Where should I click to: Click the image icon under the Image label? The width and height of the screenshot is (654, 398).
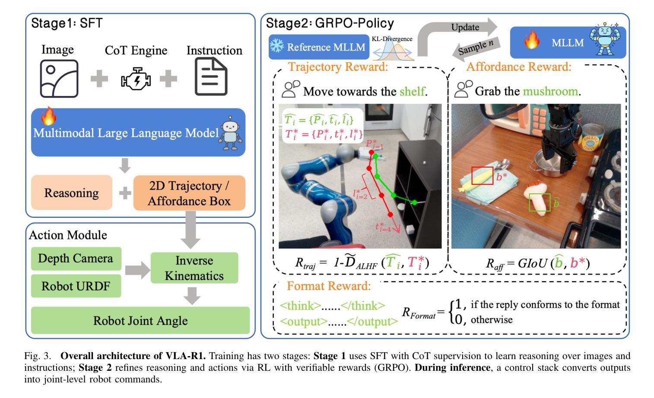click(x=59, y=79)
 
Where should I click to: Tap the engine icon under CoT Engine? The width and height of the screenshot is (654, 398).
click(x=136, y=79)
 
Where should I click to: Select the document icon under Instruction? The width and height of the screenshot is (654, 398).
click(x=211, y=76)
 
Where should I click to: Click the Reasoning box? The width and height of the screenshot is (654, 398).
click(x=72, y=193)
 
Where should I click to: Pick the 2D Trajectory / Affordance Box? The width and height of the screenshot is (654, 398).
click(x=189, y=193)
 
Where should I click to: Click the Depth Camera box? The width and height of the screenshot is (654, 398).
click(x=76, y=258)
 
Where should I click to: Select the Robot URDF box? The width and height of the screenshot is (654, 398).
click(x=76, y=286)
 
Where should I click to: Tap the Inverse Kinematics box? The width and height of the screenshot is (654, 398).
click(x=194, y=268)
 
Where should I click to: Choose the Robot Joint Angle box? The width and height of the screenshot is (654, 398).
click(x=140, y=321)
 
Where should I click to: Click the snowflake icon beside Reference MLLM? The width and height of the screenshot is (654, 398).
click(x=276, y=47)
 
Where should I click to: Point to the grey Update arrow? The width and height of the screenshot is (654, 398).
click(x=458, y=30)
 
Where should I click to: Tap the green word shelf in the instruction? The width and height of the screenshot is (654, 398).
click(x=412, y=91)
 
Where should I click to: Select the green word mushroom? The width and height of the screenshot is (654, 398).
click(x=550, y=91)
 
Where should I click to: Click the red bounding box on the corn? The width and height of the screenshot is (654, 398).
click(x=482, y=175)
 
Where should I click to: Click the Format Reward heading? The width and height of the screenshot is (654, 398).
click(x=329, y=286)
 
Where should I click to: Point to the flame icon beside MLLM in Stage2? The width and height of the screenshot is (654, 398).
click(x=531, y=41)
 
